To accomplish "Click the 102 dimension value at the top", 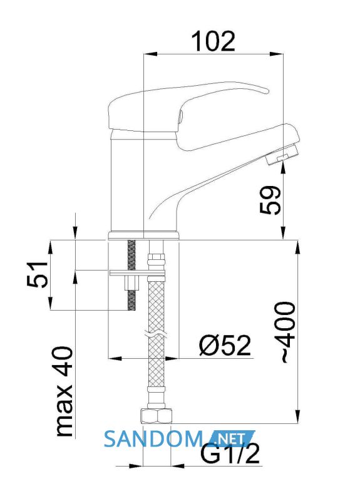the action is tap(213, 41).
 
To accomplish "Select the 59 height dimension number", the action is tap(270, 200).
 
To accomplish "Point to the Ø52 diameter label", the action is tap(225, 346).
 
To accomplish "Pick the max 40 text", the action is tap(64, 391).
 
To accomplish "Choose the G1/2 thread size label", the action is tap(229, 454).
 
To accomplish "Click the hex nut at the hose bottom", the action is tap(156, 416).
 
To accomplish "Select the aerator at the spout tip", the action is tap(282, 155).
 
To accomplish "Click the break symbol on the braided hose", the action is tap(157, 333).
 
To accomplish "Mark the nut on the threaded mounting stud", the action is tap(131, 283).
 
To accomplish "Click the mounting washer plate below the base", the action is tap(137, 273).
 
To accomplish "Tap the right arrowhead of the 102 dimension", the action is tap(277, 54).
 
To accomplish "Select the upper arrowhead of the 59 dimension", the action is tap(283, 170).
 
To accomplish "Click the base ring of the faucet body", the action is tap(143, 235).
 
